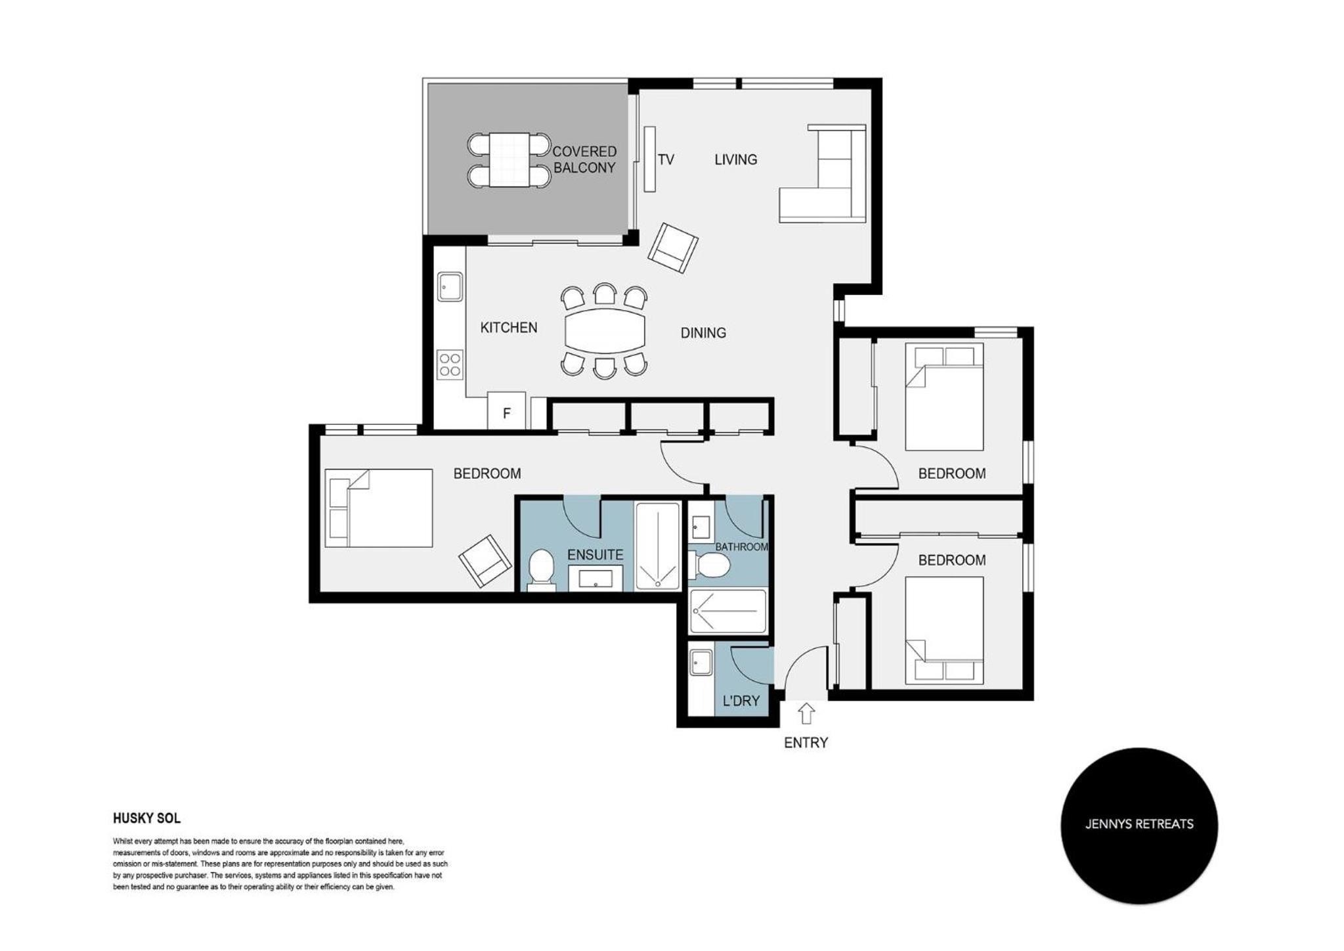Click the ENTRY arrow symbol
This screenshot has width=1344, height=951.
[x=806, y=713]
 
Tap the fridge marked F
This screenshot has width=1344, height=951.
[x=506, y=411]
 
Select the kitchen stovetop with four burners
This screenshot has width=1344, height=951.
[x=450, y=365]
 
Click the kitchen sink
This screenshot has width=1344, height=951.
[x=450, y=286]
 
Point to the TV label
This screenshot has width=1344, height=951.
[x=666, y=160]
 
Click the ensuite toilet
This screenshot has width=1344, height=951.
[x=541, y=569]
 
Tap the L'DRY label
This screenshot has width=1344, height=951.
[x=741, y=701]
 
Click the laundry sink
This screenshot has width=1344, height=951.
[x=701, y=662]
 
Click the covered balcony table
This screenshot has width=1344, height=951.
[x=509, y=160]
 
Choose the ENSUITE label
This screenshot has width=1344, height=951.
[x=595, y=555]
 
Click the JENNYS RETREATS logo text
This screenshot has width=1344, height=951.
[x=1139, y=824]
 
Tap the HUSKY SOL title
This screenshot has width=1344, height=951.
[x=146, y=818]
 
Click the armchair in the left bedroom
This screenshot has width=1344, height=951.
[x=485, y=561]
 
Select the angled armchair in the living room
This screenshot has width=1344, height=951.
[x=673, y=248]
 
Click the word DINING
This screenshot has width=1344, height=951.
[x=703, y=333]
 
